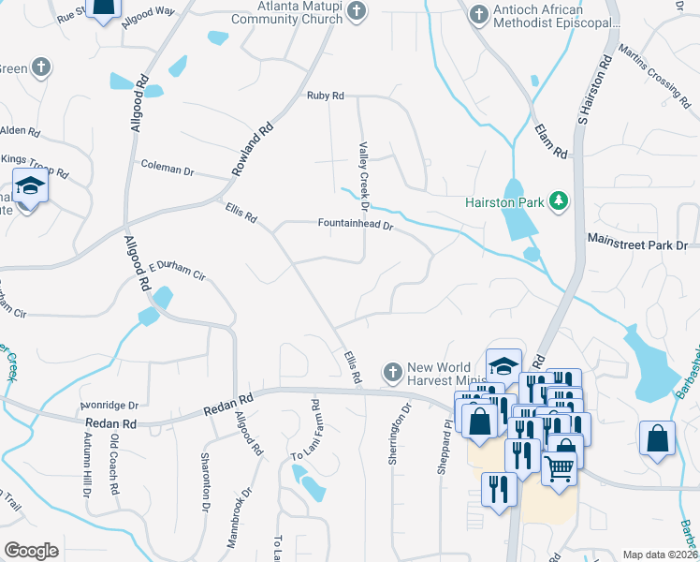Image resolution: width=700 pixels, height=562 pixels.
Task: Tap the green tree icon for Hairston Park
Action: tap(559, 200)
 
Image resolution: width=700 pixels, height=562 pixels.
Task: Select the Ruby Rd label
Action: tap(326, 96)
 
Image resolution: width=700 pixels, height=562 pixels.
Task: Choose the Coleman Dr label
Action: tap(167, 170)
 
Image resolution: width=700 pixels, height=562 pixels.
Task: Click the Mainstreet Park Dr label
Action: tap(637, 243)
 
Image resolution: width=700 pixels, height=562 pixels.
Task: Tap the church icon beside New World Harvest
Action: tap(393, 372)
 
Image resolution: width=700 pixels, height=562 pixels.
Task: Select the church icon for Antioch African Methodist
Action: tap(478, 15)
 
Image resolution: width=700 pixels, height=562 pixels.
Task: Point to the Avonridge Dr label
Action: tap(109, 406)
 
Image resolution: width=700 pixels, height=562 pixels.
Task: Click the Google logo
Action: tap(31, 551)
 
